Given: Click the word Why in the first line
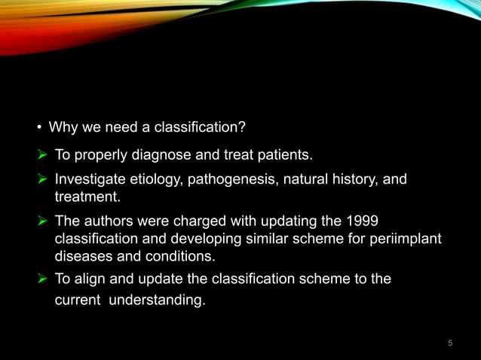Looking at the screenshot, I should click(x=61, y=128).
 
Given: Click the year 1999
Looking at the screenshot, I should click(x=363, y=221).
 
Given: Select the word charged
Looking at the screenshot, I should click(x=189, y=221).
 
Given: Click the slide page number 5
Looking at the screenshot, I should click(x=450, y=343).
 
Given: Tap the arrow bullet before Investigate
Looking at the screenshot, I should click(x=43, y=180).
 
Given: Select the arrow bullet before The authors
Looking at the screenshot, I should click(x=43, y=221).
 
